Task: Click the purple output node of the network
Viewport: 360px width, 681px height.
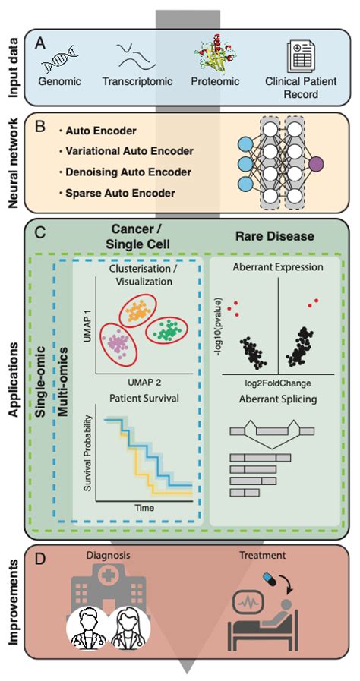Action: tap(316, 163)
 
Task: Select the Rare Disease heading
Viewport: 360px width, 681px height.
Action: tap(274, 237)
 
